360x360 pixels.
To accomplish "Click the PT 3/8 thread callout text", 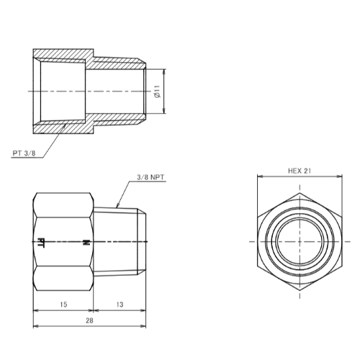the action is click(x=24, y=153).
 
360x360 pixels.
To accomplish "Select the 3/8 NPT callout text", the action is click(x=150, y=177).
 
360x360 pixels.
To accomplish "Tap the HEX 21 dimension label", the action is click(x=300, y=171).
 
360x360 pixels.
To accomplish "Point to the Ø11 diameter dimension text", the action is click(x=158, y=91).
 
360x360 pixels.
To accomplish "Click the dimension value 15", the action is click(x=63, y=305).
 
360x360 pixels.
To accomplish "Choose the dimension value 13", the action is click(x=120, y=305).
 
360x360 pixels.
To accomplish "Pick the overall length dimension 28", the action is click(x=89, y=320).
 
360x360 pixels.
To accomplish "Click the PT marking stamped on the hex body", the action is click(x=41, y=243).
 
